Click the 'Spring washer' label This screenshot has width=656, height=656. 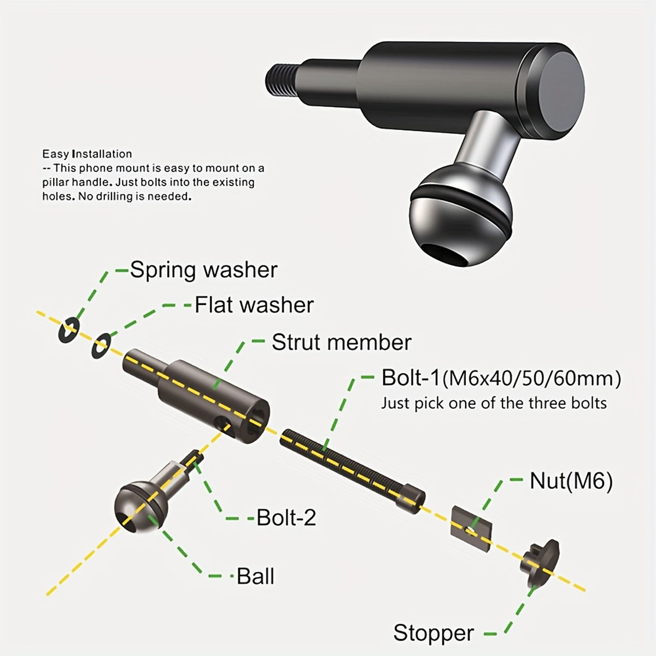point(203,270)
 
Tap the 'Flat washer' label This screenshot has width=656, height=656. point(254,305)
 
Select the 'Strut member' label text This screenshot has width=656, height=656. point(341,343)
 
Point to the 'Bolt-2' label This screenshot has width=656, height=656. point(286,517)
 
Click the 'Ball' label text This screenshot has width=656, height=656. point(255,576)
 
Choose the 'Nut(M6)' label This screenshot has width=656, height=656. point(571,481)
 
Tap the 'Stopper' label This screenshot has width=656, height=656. point(434,633)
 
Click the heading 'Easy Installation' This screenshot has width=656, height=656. point(87,154)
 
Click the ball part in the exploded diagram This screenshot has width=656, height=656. point(137,506)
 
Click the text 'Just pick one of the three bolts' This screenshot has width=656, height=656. point(494,403)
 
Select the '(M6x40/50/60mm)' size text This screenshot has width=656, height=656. point(531,378)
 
